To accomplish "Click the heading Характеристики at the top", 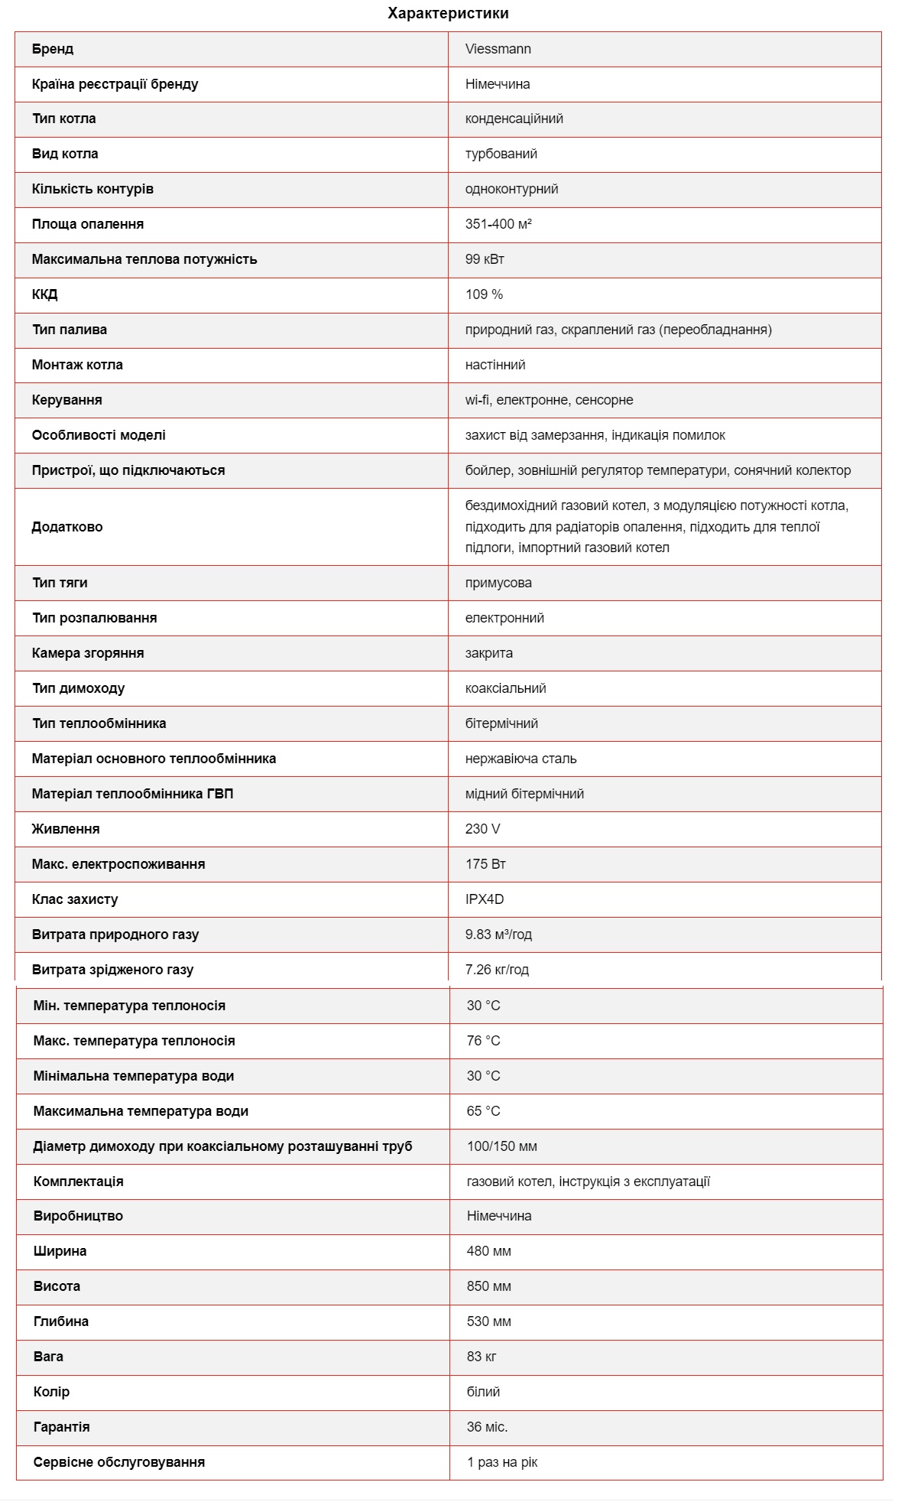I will coord(448,13).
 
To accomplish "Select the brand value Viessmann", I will coord(498,49).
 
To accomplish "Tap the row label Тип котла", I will coord(64,119).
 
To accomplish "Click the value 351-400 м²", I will coord(498,224).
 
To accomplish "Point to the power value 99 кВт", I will coord(485,259).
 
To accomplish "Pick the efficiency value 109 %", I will coord(484,294).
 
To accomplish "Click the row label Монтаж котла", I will coord(77,365).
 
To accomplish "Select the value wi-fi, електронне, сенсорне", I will coord(549,400).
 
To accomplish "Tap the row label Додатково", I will coord(67,527).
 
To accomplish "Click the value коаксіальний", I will coord(505,688).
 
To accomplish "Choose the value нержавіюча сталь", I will coord(520,759).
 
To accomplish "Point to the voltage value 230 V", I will coord(483,829).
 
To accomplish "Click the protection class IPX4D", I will coord(485,899).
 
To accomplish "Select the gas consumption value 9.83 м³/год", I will coord(498,935).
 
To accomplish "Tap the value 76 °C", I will coord(484,1041).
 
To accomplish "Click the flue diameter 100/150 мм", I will coord(502,1146).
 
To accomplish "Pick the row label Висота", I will coord(57,1286).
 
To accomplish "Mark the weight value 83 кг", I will coord(482,1357).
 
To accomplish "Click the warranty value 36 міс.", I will coord(488,1427).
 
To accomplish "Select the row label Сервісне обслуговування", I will coord(119,1462).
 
